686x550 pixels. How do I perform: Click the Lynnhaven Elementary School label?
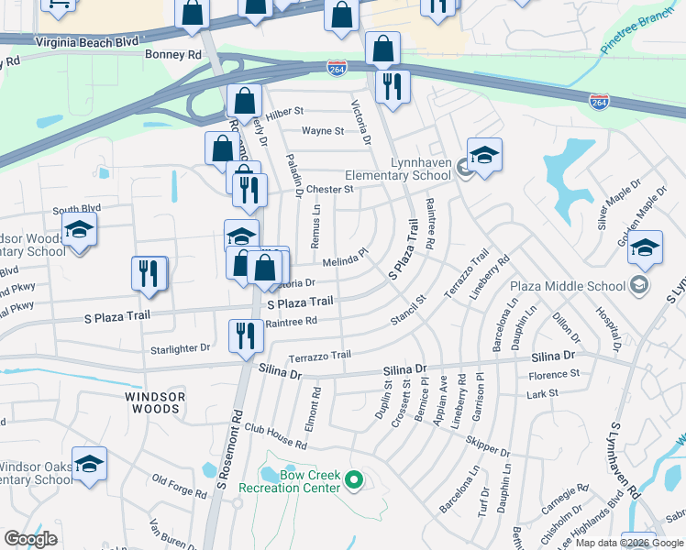397,169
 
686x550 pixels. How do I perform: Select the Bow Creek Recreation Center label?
289,481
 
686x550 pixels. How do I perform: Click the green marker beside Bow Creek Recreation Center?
355,479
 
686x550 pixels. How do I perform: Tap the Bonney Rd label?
172,55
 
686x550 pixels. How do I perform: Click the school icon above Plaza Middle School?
645,247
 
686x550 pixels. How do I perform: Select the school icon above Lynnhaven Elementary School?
484,154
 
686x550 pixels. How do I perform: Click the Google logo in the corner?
30,539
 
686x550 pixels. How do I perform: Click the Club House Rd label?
275,436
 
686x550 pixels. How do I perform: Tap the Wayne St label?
323,131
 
